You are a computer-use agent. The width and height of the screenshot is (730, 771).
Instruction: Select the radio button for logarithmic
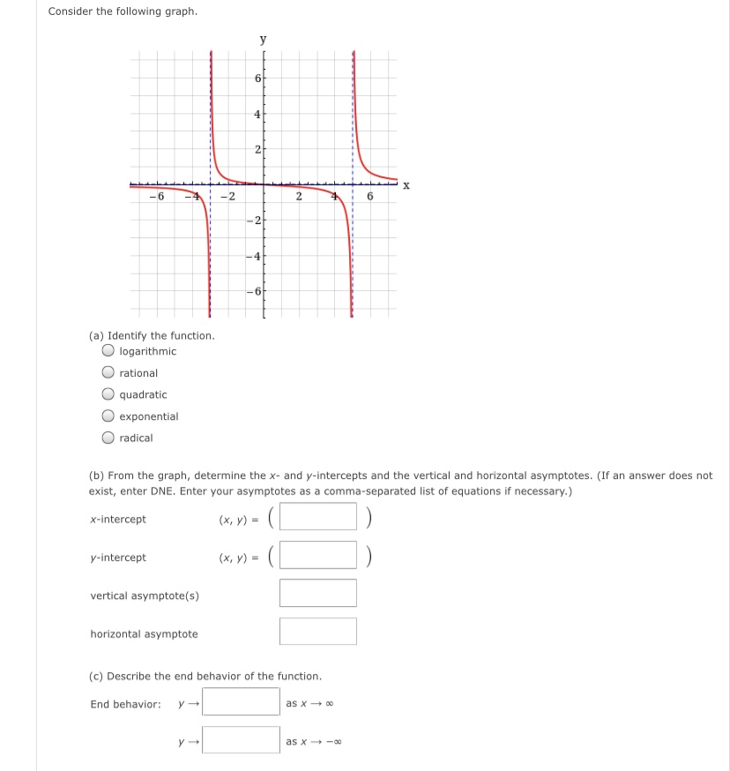coord(108,351)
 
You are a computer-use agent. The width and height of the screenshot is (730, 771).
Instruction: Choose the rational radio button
coord(108,373)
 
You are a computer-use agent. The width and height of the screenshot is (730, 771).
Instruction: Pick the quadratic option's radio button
coord(108,394)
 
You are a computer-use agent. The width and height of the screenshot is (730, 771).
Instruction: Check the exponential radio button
coord(108,416)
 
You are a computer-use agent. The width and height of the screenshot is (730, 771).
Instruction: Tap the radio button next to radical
coord(108,438)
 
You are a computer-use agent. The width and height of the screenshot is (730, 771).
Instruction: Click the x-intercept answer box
coord(318,516)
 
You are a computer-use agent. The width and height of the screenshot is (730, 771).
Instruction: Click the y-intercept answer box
coord(318,555)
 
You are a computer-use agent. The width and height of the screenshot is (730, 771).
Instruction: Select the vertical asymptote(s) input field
coord(318,593)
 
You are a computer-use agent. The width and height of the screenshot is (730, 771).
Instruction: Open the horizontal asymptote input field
coord(318,632)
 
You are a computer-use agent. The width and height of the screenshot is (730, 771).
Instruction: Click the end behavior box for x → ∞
coord(241,702)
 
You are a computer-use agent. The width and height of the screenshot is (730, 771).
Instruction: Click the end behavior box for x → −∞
coord(241,740)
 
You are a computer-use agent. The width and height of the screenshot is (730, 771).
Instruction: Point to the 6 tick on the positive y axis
coord(257,79)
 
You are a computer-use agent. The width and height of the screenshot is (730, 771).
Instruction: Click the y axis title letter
coord(262,39)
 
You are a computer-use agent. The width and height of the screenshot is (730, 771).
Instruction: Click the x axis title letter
coord(406,185)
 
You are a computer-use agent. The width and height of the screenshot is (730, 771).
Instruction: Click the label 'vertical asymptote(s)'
coord(145,595)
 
